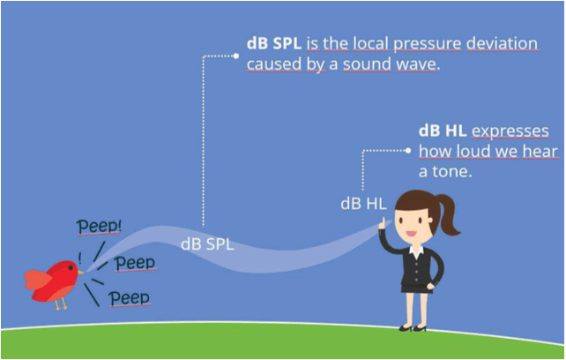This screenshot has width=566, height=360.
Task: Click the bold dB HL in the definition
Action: [x=442, y=131]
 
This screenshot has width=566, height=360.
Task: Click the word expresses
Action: [x=510, y=131]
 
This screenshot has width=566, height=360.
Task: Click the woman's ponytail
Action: [x=449, y=214]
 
